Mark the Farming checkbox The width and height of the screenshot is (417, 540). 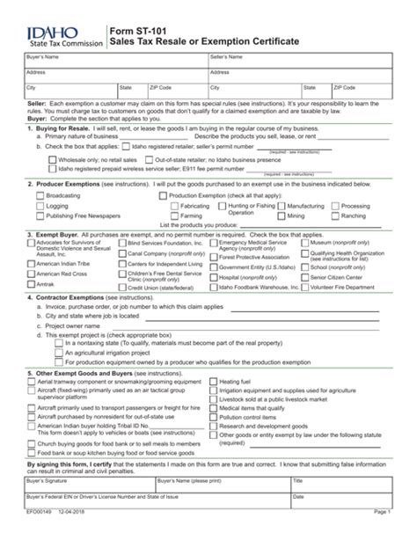[174, 206]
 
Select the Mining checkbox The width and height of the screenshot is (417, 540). [282, 215]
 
